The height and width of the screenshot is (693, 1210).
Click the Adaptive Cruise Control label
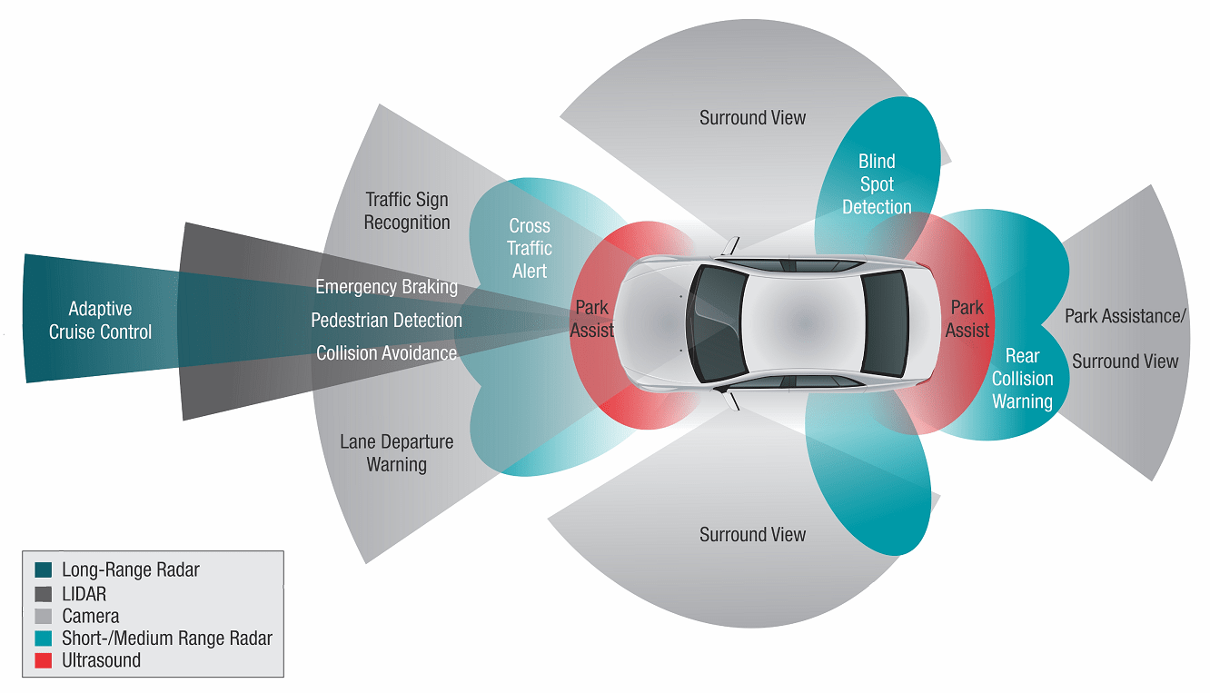click(x=100, y=321)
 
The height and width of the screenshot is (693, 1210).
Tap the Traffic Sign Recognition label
click(x=407, y=211)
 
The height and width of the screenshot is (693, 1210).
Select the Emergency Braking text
click(x=386, y=287)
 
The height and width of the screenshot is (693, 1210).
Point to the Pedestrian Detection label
click(x=386, y=321)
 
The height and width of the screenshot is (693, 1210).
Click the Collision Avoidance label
click(x=386, y=353)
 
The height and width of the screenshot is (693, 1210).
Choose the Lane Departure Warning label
click(x=396, y=453)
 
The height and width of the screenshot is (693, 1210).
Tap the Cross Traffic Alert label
click(x=530, y=248)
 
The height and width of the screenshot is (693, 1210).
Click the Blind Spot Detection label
click(x=877, y=184)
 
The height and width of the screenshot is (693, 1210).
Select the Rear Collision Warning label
click(x=1022, y=379)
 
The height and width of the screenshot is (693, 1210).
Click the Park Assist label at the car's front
click(x=592, y=319)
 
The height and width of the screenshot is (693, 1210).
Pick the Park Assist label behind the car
click(x=967, y=319)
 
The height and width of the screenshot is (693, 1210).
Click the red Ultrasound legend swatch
click(x=43, y=661)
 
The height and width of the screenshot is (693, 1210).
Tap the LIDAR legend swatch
click(x=43, y=594)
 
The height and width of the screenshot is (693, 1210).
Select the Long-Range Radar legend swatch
click(x=43, y=571)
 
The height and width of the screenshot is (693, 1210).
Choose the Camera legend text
click(x=91, y=617)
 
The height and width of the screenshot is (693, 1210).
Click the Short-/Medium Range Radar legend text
click(x=167, y=639)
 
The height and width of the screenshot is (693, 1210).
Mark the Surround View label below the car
click(x=752, y=535)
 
